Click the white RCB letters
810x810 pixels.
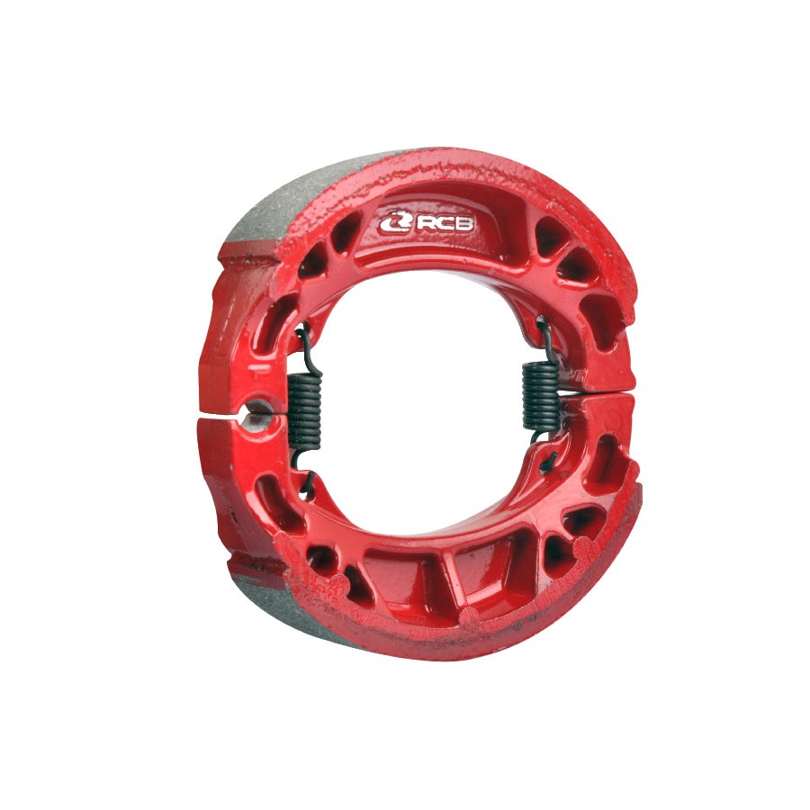point(445,224)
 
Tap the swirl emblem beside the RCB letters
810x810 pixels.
point(396,222)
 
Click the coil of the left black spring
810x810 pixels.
point(304,410)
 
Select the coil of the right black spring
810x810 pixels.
point(540,395)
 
